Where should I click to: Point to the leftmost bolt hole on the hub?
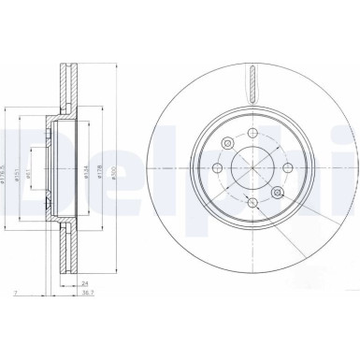click(217, 168)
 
